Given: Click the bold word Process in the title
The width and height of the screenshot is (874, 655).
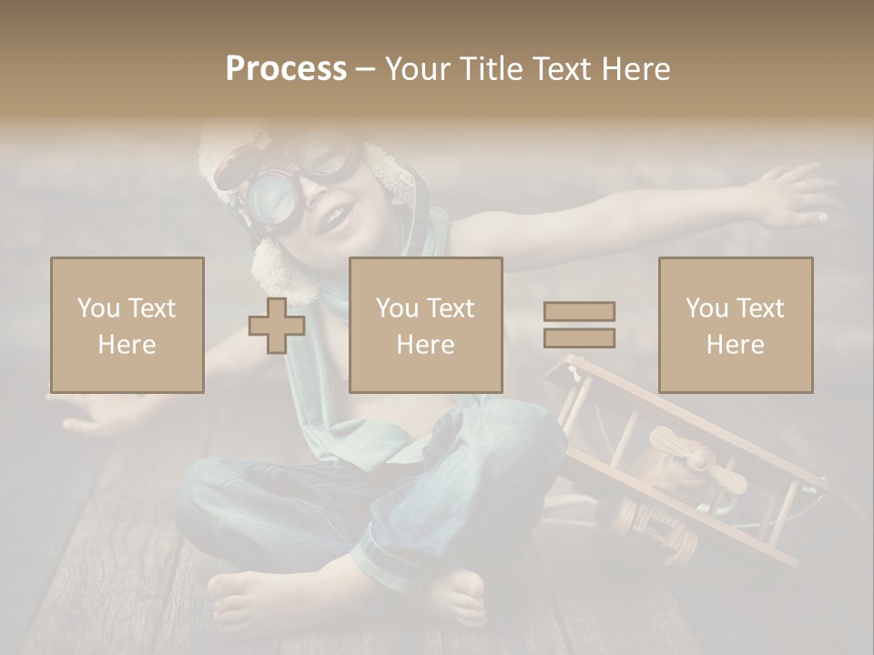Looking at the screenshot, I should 286,69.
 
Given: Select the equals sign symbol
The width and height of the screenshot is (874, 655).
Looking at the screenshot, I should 579,325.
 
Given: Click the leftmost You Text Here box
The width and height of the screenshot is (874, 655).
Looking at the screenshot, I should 127,325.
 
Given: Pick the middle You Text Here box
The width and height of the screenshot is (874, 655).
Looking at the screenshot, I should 425,325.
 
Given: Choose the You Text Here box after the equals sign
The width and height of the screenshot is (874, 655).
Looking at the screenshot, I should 735,325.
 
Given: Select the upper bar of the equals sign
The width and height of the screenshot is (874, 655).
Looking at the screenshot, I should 579,311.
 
